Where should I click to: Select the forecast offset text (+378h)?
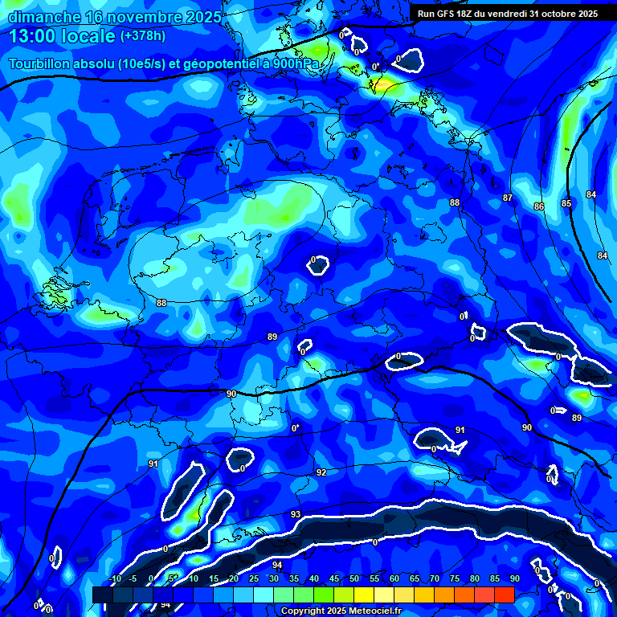click(x=145, y=36)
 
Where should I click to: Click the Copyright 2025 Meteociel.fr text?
click(x=340, y=611)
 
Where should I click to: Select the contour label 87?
click(x=508, y=198)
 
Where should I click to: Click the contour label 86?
click(x=538, y=206)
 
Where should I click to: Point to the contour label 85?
click(x=566, y=203)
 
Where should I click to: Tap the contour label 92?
click(x=321, y=472)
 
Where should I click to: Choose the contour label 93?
click(x=296, y=514)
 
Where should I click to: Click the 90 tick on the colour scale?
click(x=514, y=579)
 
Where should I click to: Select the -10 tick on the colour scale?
click(x=114, y=579)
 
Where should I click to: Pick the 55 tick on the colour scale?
click(x=374, y=579)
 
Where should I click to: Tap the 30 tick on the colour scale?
click(x=273, y=579)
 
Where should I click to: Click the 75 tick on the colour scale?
click(x=454, y=579)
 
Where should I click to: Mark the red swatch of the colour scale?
click(x=504, y=595)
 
